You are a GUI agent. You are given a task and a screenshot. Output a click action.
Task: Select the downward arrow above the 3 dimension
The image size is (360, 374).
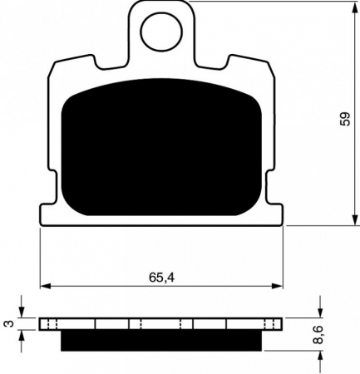[22, 312]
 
